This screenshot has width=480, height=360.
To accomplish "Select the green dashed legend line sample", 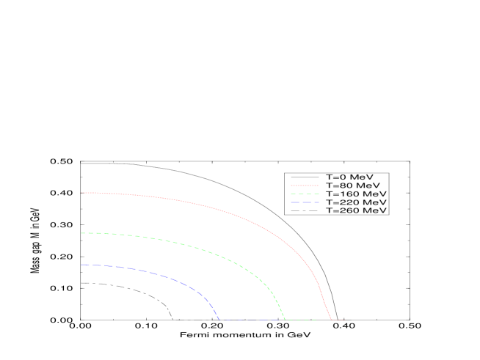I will click(x=305, y=194).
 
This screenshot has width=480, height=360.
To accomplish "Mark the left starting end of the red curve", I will click(x=81, y=193).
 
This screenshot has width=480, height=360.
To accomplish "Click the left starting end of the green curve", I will click(x=81, y=233).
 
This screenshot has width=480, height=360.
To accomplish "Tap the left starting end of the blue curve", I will click(x=81, y=265).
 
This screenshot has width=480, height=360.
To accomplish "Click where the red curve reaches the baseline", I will click(x=331, y=320).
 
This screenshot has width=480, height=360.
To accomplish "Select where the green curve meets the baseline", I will click(x=285, y=320).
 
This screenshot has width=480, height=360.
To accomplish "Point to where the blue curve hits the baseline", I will click(x=219, y=320).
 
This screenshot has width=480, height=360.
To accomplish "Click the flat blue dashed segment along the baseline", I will click(x=250, y=320).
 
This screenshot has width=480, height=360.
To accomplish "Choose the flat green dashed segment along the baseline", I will click(x=301, y=320).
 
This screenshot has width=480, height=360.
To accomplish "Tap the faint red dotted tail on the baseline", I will click(x=338, y=320).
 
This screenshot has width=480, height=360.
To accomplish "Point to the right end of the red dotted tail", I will click(x=345, y=320).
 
